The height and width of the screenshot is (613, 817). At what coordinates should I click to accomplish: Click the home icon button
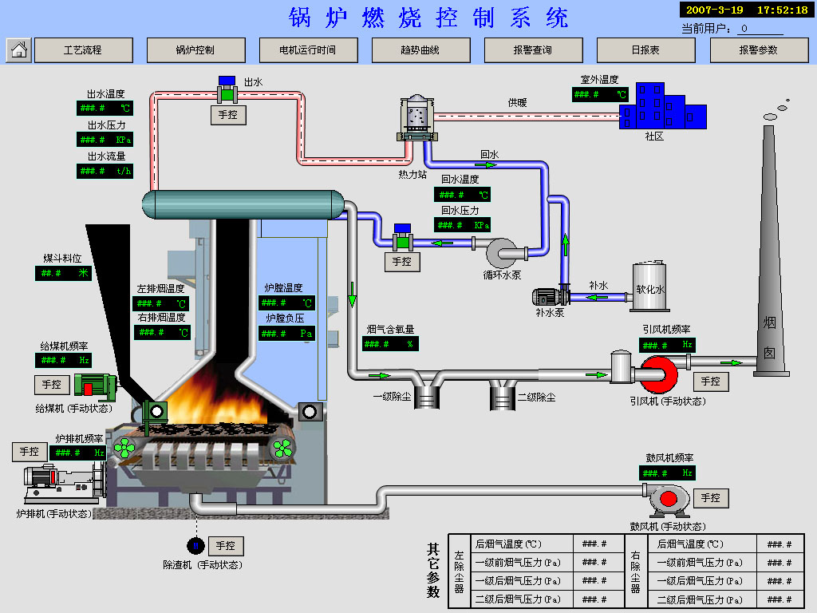coord(19,50)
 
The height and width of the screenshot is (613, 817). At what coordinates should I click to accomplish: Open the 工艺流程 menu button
coord(83,50)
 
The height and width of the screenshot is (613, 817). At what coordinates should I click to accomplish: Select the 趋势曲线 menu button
coord(420,50)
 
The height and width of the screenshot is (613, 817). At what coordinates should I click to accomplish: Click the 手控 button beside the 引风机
coord(710,382)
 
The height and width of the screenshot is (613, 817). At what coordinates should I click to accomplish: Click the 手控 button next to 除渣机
coord(226,546)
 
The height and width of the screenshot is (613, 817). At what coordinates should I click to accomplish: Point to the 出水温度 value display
coord(105,108)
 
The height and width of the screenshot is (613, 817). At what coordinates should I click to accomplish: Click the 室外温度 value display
coord(600,94)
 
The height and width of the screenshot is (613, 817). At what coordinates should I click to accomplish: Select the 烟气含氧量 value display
coord(390,343)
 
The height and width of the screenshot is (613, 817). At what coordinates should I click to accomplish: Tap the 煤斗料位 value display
coord(64,273)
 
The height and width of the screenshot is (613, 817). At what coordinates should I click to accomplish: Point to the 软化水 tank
coord(650,287)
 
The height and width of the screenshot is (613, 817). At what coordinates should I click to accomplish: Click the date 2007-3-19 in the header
coord(715,10)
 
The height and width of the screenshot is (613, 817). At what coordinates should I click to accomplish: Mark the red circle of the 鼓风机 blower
coord(668,498)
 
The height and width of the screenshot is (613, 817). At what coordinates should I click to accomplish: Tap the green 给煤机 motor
coord(94,385)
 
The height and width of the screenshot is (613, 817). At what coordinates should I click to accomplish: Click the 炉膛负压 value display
coord(286,333)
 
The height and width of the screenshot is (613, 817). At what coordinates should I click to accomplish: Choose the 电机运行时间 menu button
coord(307,50)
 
